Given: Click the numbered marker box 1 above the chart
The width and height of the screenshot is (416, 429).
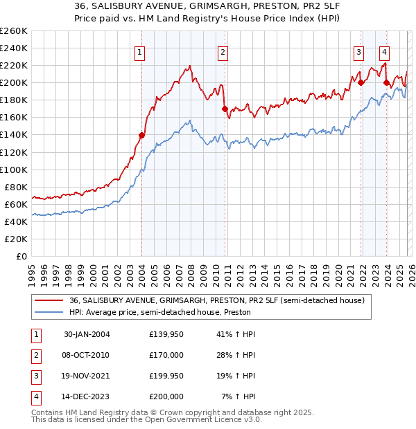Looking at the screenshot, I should click(140, 51).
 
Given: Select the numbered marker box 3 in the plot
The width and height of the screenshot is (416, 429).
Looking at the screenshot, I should click(358, 51).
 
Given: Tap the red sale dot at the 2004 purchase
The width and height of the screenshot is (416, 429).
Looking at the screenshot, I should click(142, 135).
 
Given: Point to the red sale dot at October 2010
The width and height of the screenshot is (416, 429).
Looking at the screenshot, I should click(225, 109).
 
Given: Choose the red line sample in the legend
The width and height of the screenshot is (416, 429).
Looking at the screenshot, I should click(49, 300).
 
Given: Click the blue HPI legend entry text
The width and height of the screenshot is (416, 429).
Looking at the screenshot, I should click(159, 313).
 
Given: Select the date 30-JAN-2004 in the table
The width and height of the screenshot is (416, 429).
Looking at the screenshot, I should click(86, 335).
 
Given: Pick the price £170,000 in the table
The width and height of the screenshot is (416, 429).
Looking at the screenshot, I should click(166, 355).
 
